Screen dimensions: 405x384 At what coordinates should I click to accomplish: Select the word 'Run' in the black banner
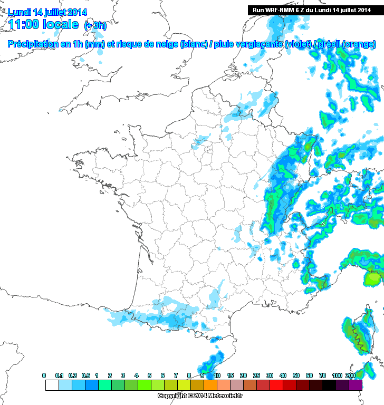coord(258,9)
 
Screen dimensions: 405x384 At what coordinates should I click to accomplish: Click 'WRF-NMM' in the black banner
coord(280,9)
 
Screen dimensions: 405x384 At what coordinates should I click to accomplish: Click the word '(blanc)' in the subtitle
coord(195,45)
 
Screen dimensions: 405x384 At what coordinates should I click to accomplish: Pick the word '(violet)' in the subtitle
coord(298,45)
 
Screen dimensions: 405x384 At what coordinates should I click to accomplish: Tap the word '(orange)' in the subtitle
coord(359,45)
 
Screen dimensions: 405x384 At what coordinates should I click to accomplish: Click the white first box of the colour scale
coord(52,385)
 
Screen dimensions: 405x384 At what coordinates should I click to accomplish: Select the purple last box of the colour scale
coord(356,385)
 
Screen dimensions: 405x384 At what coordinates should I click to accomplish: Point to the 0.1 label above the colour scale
coord(59,375)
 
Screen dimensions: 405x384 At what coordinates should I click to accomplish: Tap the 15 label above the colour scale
coord(229,375)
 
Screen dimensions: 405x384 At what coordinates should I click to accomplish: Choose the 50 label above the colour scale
coord(296,375)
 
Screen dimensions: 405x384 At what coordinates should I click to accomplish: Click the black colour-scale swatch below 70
coord(329,385)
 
